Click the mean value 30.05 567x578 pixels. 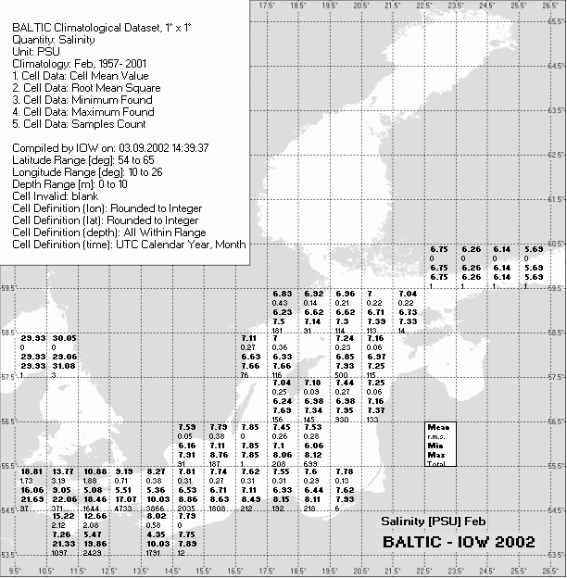[x=64, y=339]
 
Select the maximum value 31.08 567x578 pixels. [x=64, y=366]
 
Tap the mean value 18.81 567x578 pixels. [x=32, y=472]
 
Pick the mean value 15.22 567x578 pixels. [x=64, y=517]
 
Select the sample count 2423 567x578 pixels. [x=94, y=553]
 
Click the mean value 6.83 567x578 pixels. [x=283, y=294]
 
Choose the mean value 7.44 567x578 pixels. [x=346, y=383]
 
